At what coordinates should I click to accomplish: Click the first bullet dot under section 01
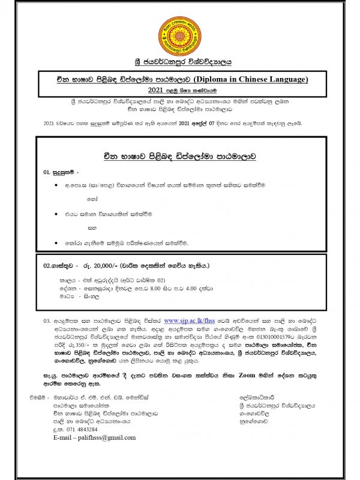click(56, 187)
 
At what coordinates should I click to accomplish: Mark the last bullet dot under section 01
click(56, 243)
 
